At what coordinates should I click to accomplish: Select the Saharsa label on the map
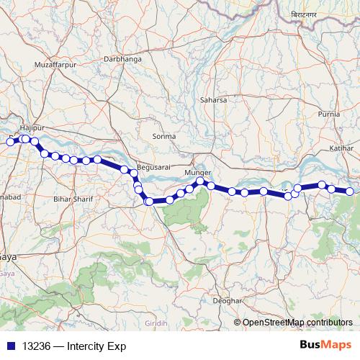tap(213, 100)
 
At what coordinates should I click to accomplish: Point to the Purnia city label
tap(328, 114)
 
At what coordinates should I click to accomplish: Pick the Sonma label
tap(164, 135)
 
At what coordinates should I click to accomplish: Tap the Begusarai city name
tap(153, 164)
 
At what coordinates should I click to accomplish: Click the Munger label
tap(197, 174)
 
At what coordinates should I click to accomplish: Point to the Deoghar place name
tap(225, 300)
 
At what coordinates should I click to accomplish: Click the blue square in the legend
tap(11, 346)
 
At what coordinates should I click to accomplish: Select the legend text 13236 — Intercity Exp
tap(63, 346)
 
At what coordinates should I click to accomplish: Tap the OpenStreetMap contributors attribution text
tap(297, 322)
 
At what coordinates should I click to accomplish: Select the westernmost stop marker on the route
tap(11, 142)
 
